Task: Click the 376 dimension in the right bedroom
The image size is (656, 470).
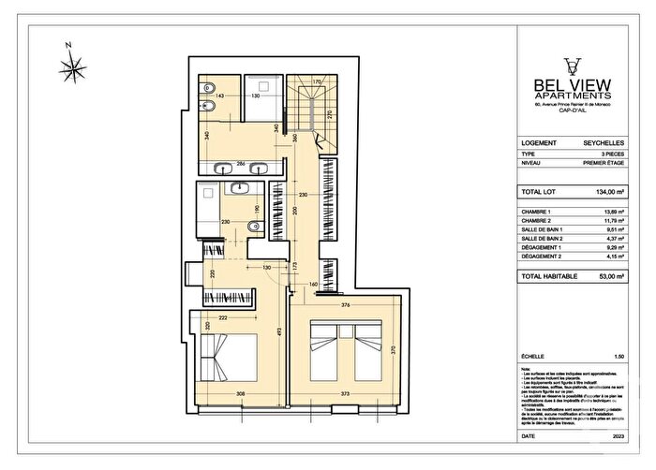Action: [346, 304]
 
